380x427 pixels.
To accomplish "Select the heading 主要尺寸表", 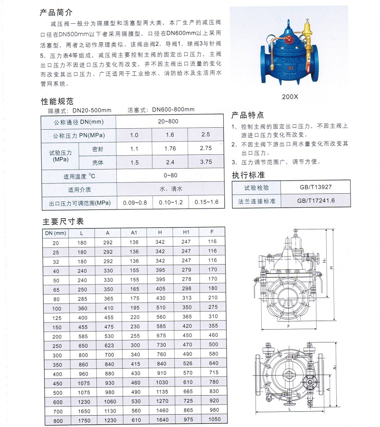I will tap(63, 221).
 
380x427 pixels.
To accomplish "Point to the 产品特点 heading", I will tap(247, 115).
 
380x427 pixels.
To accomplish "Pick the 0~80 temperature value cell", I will tap(170, 176).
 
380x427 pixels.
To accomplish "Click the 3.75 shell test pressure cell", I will tap(206, 162).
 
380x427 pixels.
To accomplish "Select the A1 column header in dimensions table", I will tap(134, 233).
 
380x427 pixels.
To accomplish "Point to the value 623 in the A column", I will tap(108, 344).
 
